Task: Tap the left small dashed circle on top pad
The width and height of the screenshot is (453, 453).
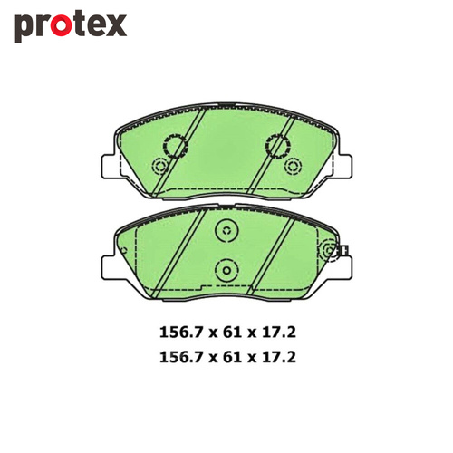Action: point(160,167)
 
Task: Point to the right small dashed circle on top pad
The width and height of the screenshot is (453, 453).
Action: point(292,167)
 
